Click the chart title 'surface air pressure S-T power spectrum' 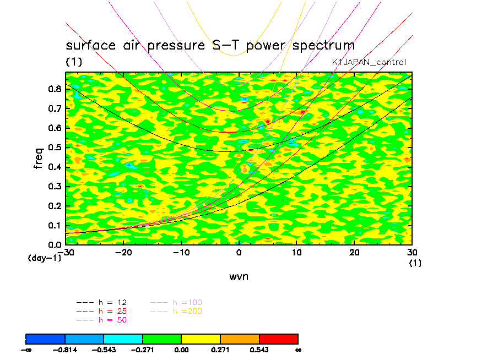tap(210, 45)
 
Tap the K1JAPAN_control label tap(369, 62)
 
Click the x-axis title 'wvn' tap(239, 276)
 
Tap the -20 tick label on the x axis tap(123, 252)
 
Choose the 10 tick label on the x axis tap(297, 252)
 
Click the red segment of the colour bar tap(279, 338)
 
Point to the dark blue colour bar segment tap(46, 338)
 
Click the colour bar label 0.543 tap(259, 350)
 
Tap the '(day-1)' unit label tap(44, 258)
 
